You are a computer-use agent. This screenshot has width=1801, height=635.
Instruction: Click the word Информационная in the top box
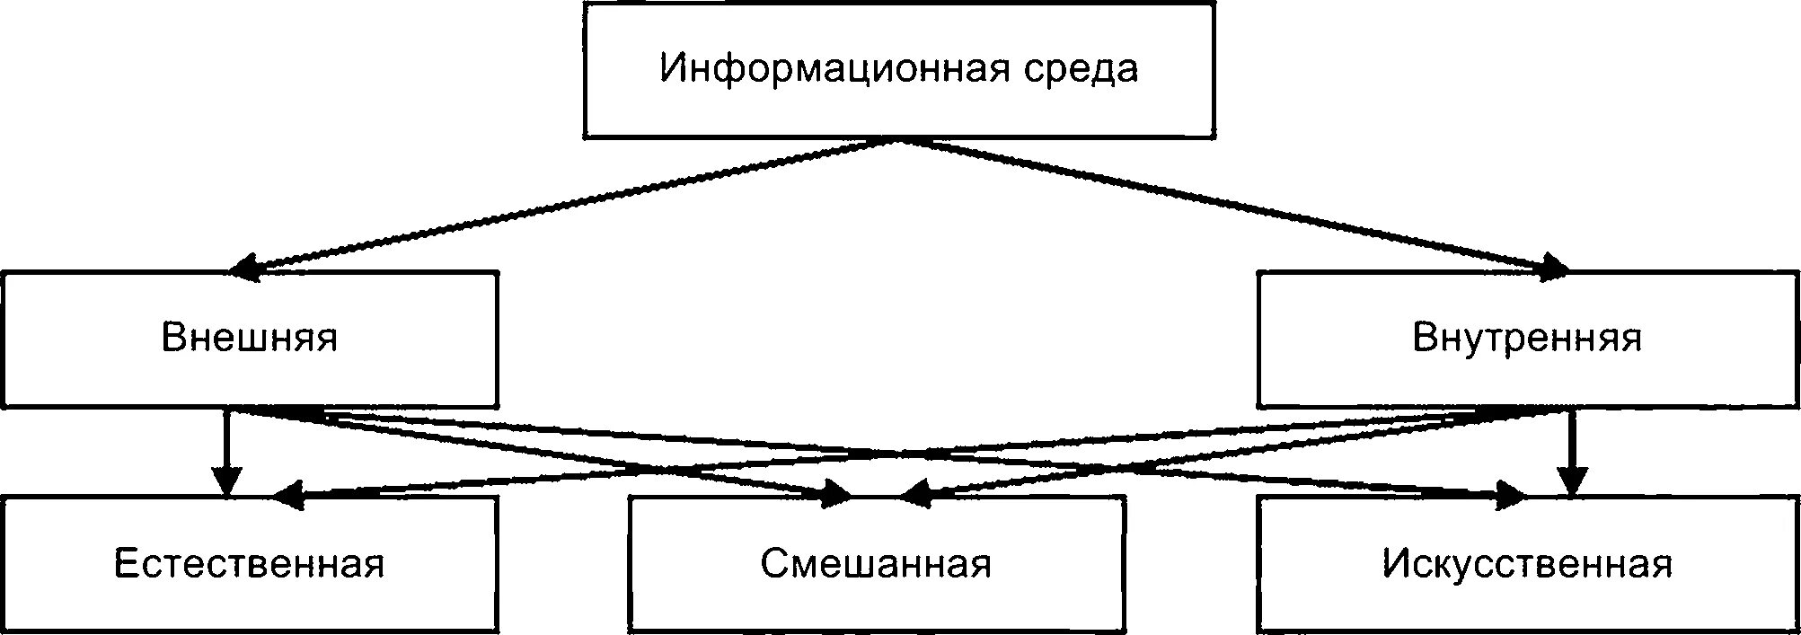834,69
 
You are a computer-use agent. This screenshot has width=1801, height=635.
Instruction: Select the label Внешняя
250,339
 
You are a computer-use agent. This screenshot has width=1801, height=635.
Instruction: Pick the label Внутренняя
1527,339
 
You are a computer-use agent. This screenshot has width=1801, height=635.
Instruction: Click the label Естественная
250,564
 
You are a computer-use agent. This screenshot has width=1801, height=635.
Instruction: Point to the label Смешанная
876,564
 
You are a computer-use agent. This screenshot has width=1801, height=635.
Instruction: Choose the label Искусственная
1527,564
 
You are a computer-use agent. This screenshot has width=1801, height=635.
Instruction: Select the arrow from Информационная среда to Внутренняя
1231,204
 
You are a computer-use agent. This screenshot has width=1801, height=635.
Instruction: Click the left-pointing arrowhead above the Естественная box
287,493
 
